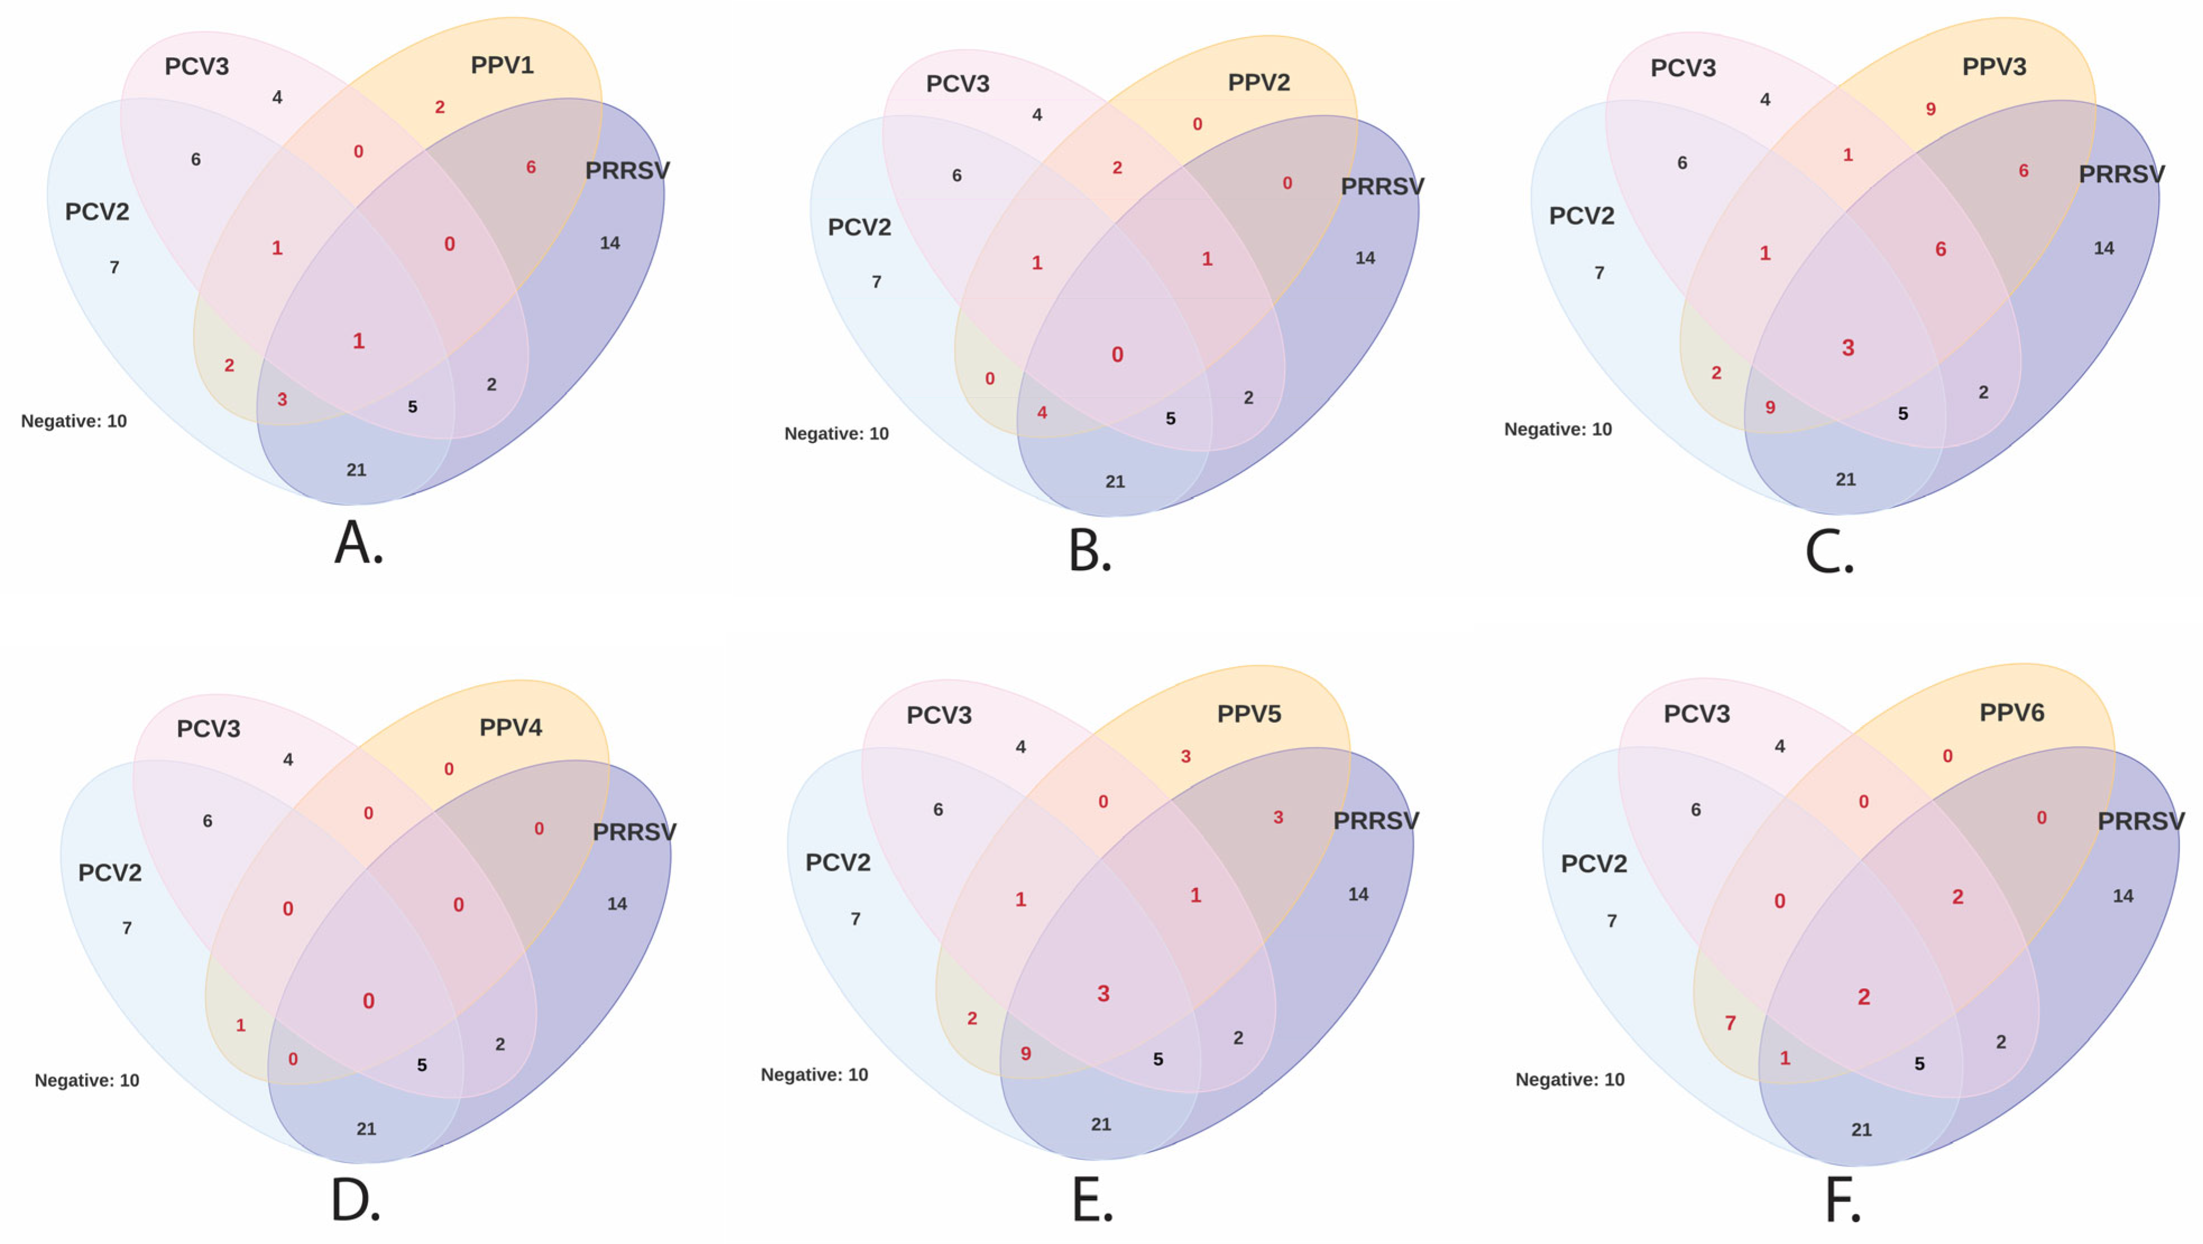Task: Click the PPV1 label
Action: (502, 66)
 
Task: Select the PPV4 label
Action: (510, 728)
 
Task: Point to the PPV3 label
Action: (1993, 67)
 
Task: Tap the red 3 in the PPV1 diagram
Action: (282, 399)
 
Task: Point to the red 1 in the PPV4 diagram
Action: (240, 1025)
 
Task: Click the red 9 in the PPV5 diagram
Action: (1025, 1054)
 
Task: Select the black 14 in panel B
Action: (1365, 258)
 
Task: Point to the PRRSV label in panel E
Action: (1375, 821)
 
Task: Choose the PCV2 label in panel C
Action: (1581, 215)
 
